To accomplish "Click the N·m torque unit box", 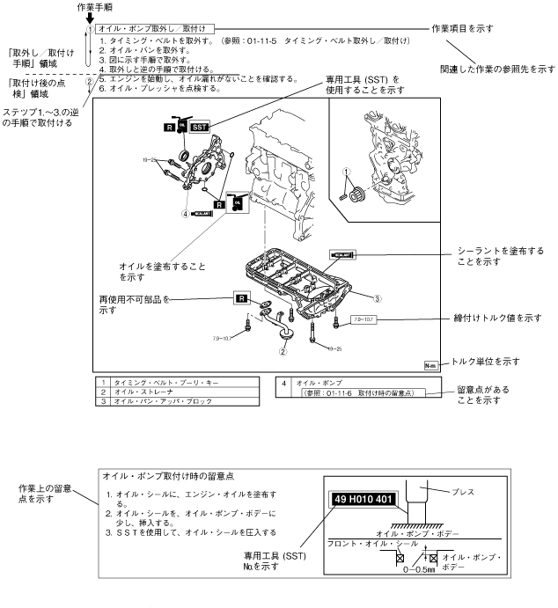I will click(430, 363).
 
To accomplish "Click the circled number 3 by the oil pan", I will click(376, 298).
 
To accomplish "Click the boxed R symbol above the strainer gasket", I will click(243, 297).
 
